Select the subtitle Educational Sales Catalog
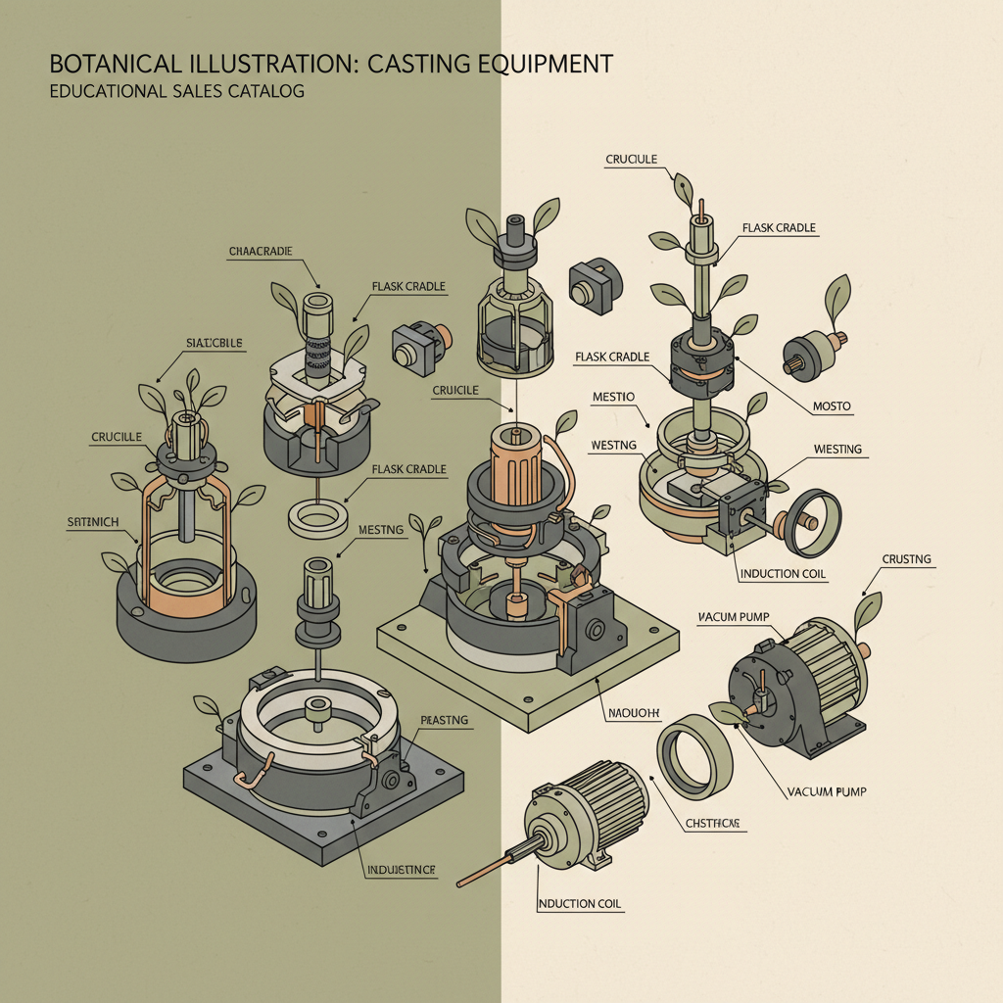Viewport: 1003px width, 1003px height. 176,92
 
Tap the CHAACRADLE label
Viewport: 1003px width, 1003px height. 261,252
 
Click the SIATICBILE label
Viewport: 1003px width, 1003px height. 214,343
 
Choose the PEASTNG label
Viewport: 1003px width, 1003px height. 445,720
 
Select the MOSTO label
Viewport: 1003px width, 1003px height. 832,406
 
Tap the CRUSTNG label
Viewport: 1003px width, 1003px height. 906,560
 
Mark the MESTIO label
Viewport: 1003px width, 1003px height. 614,397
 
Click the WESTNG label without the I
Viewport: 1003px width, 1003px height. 614,446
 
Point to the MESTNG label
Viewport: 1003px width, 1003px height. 381,530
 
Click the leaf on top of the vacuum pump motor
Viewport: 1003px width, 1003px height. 867,613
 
